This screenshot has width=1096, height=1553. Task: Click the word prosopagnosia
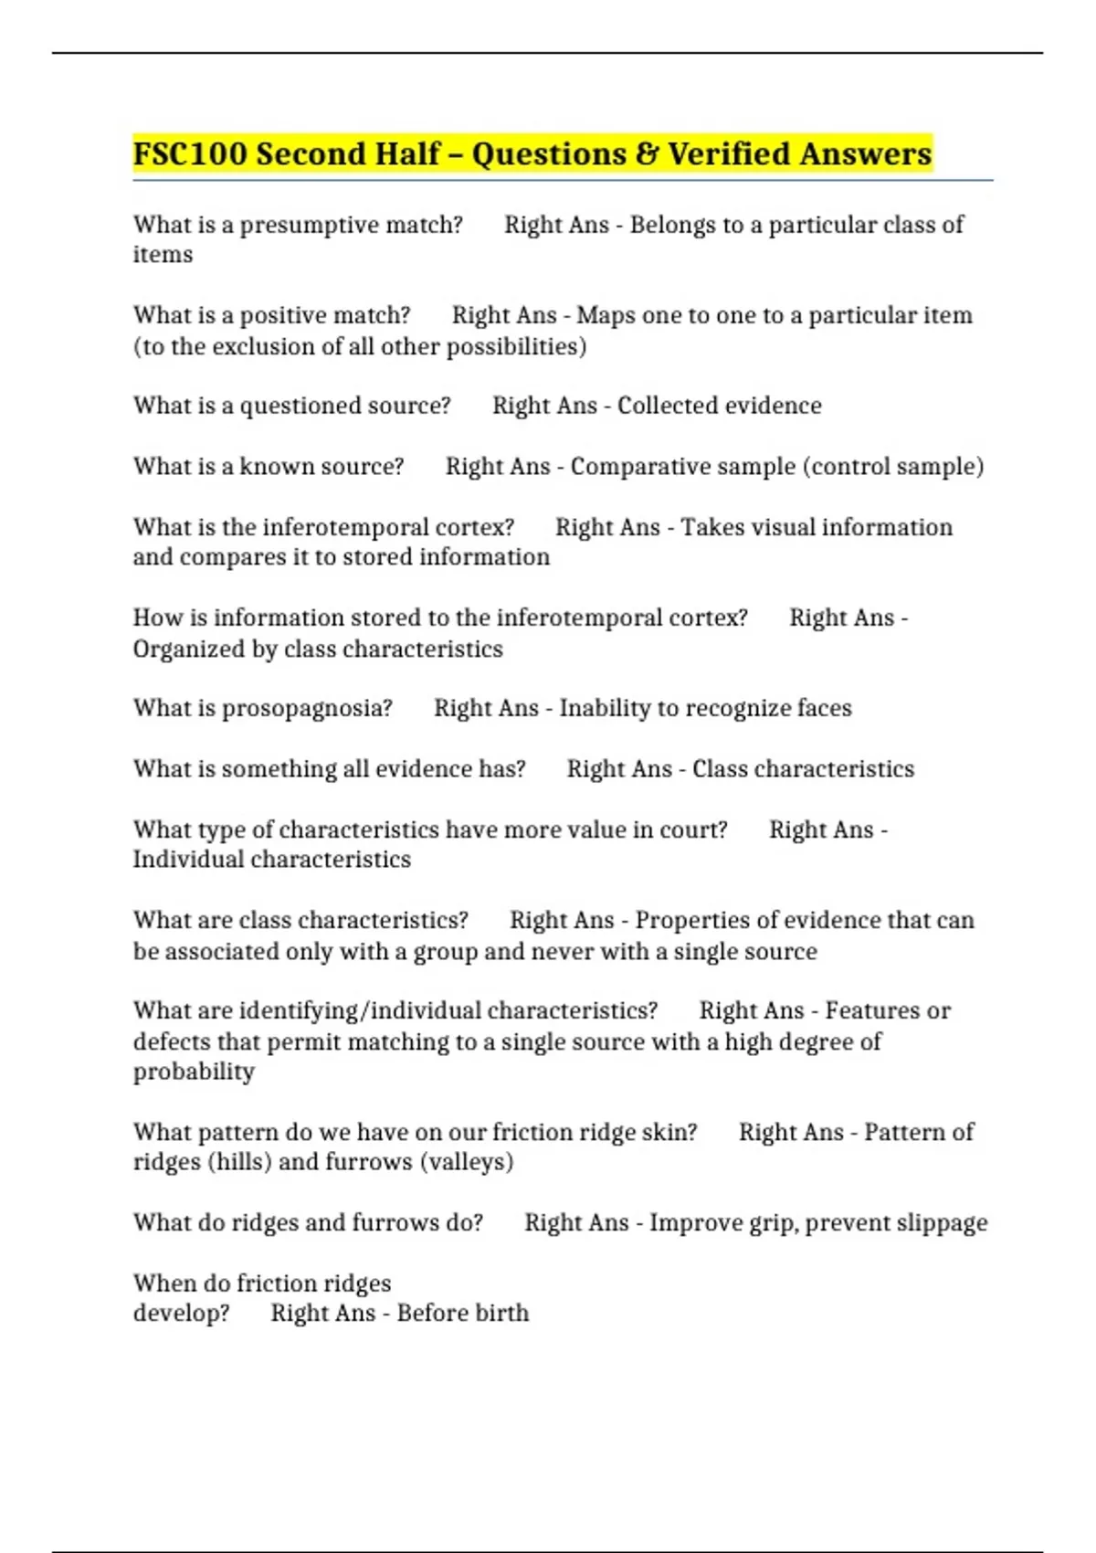(307, 709)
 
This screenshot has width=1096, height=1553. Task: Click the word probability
(194, 1072)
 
